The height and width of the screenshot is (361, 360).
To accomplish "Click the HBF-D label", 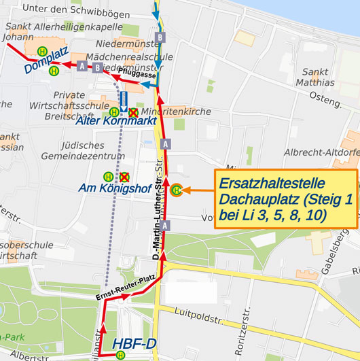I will pos(135,345).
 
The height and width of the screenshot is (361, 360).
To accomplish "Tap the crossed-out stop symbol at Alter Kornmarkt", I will pos(134,112).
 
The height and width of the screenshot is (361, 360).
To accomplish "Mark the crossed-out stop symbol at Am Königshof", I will pos(125,177).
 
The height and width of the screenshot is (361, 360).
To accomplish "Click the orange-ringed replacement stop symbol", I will pos(177,190).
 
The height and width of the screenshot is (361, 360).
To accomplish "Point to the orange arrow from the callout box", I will pos(197,190).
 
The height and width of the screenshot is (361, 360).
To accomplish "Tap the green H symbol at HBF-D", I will pos(120,354).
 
